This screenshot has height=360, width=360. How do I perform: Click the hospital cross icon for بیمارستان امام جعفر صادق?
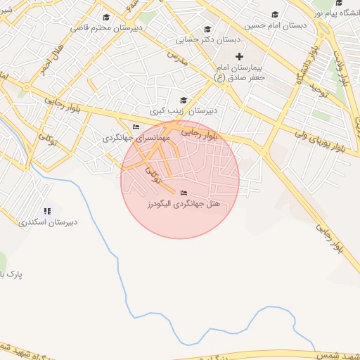pyautogui.click(x=239, y=56)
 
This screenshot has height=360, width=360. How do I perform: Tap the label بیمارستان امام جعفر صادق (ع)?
pyautogui.click(x=239, y=72)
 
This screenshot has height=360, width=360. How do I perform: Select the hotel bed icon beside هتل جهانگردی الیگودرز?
pyautogui.click(x=184, y=193)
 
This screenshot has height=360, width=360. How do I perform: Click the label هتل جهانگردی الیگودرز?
pyautogui.click(x=188, y=203)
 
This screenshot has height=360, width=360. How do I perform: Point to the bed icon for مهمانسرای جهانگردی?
pyautogui.click(x=136, y=127)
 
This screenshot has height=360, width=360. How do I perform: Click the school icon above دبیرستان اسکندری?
pyautogui.click(x=48, y=210)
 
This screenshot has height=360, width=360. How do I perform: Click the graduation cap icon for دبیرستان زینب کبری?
pyautogui.click(x=184, y=101)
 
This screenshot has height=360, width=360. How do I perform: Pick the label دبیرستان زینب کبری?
pyautogui.click(x=185, y=111)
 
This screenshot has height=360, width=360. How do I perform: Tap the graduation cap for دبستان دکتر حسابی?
pyautogui.click(x=207, y=29)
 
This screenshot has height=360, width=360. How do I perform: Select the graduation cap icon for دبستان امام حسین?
pyautogui.click(x=274, y=15)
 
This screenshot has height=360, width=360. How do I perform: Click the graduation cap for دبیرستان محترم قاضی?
pyautogui.click(x=106, y=18)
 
